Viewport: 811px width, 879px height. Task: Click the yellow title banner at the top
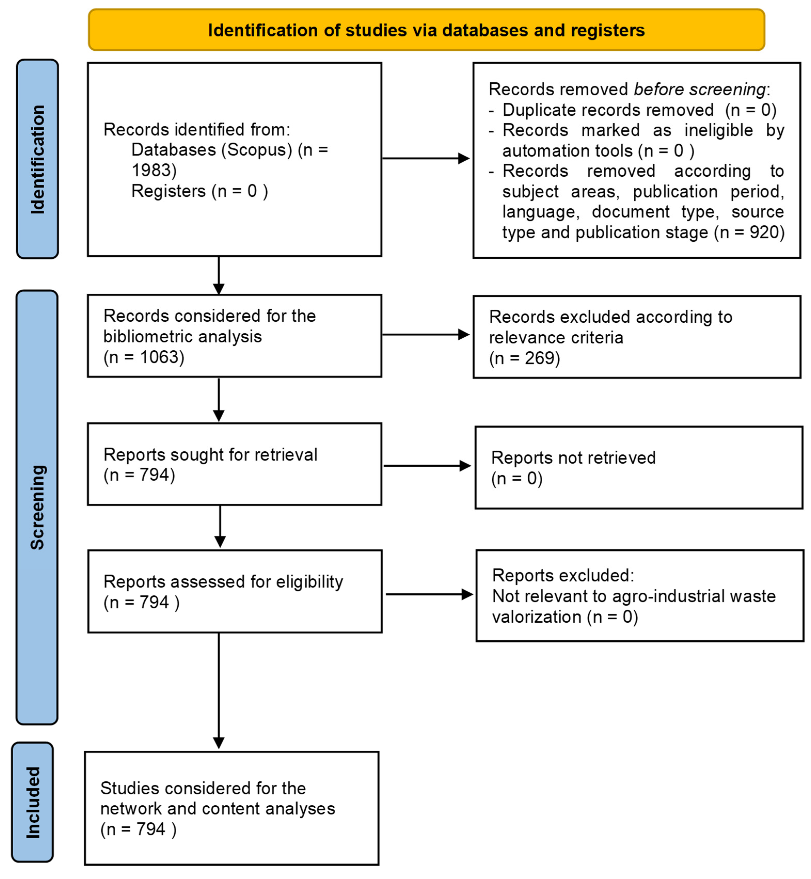coord(427,30)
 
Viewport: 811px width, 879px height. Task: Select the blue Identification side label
coord(37,159)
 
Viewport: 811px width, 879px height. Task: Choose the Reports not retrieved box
coord(639,468)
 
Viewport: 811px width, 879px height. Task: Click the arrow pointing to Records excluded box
coord(426,335)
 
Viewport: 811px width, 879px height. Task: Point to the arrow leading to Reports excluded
coord(429,594)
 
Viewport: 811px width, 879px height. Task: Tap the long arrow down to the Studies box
coord(219,691)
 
